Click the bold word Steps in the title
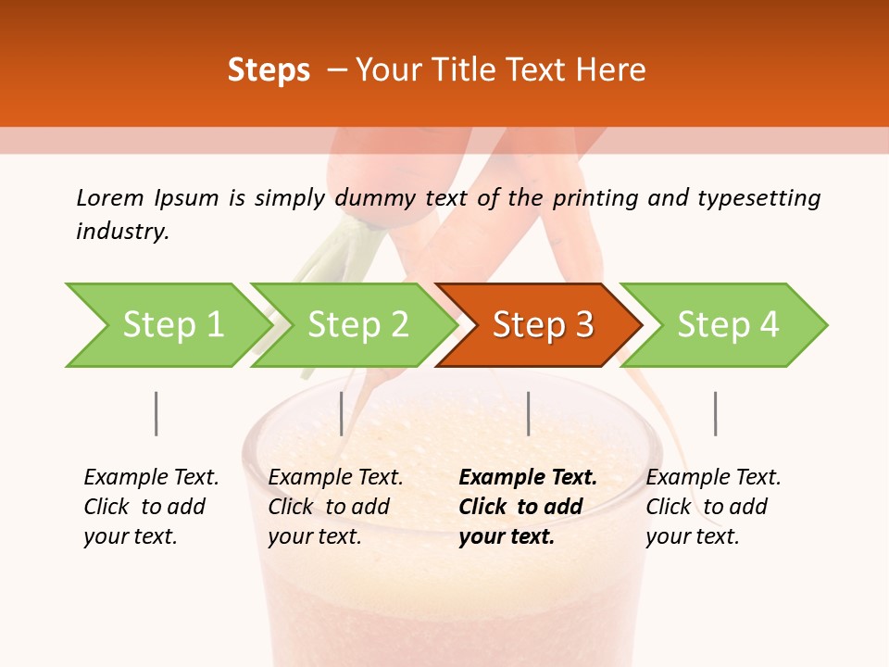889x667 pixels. [269, 70]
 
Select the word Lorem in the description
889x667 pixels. [109, 198]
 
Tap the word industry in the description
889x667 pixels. [121, 232]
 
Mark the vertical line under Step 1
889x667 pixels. [157, 413]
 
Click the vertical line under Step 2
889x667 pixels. [342, 413]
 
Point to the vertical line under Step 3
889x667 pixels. [529, 413]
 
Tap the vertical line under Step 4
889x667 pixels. [715, 413]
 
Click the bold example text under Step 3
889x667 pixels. [528, 507]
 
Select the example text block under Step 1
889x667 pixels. [151, 507]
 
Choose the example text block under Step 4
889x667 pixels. [713, 507]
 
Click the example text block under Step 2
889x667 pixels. [335, 507]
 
